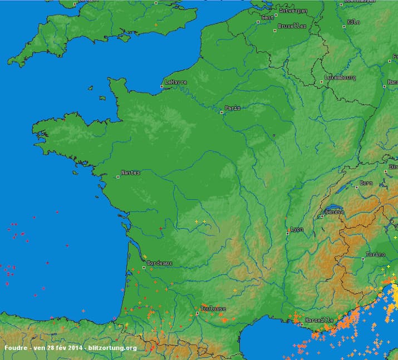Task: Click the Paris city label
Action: pos(233,108)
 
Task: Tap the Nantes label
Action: pos(131,172)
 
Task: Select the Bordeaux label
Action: pos(160,263)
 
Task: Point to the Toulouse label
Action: pos(213,308)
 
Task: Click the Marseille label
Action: pos(320,320)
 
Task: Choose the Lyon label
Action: pos(297,229)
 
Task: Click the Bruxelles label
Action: pos(292,26)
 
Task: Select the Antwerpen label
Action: pos(293,11)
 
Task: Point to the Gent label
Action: pos(267,17)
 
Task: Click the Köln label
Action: pos(353,22)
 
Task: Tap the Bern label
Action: pos(366,183)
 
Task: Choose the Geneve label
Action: pos(335,211)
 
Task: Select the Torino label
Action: pos(375,254)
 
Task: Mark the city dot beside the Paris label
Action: pos(221,111)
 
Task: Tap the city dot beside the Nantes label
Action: pos(118,177)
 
